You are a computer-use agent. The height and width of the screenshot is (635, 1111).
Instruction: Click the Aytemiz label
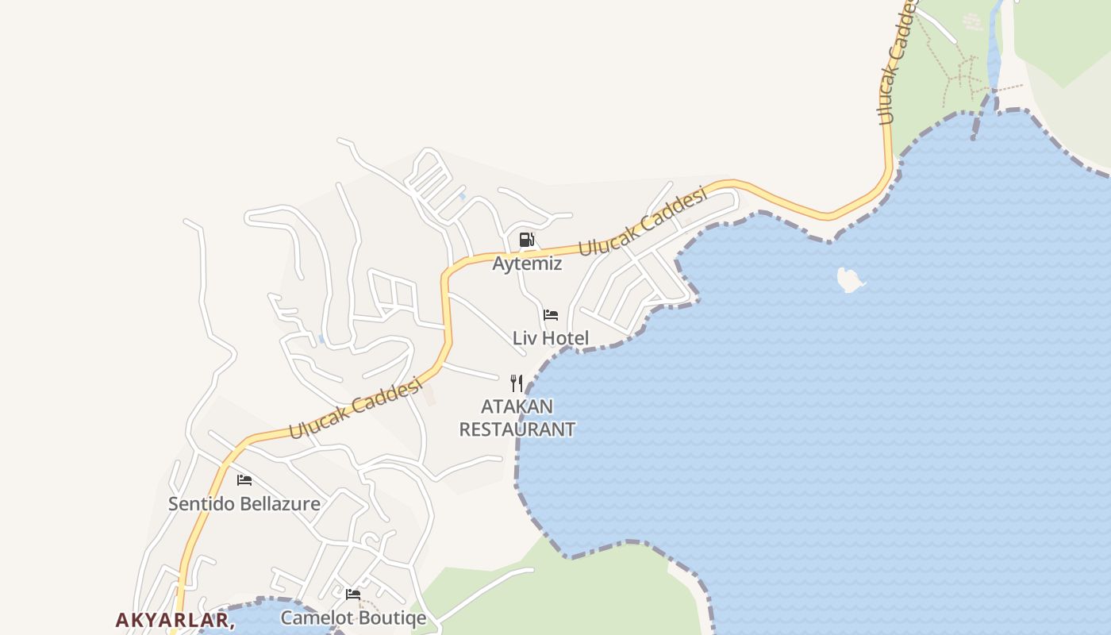click(527, 264)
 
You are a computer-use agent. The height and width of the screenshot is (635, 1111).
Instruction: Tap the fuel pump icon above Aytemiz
click(526, 240)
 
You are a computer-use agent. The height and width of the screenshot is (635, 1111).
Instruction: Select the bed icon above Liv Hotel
click(551, 315)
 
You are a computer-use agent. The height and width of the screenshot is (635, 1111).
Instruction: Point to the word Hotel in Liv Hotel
click(566, 338)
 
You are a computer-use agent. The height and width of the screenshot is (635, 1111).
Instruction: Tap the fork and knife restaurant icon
click(517, 383)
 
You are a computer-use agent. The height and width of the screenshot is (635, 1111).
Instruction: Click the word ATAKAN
click(517, 407)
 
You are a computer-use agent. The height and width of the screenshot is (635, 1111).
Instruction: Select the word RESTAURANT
click(517, 429)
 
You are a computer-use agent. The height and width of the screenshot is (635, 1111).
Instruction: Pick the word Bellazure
click(279, 504)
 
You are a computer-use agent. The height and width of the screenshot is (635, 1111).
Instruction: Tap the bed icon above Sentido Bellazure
click(244, 480)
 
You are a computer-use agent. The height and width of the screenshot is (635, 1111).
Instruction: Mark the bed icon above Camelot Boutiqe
click(353, 594)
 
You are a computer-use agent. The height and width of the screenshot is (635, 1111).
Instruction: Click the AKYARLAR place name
click(174, 619)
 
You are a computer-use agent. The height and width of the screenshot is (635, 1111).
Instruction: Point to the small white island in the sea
click(850, 279)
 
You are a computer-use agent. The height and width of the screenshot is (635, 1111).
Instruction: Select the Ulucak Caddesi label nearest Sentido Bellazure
click(354, 408)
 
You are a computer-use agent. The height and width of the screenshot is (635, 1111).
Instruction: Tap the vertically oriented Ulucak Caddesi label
click(898, 63)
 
